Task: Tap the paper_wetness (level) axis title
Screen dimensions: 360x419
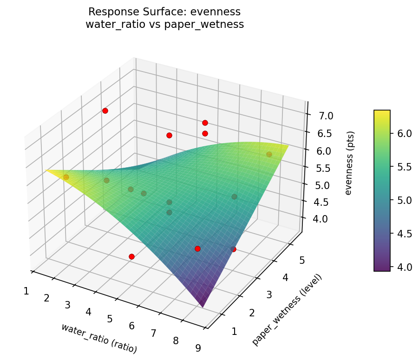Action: (287, 310)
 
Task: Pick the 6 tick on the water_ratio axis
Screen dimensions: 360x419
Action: (131, 326)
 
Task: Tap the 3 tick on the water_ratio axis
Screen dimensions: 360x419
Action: (67, 305)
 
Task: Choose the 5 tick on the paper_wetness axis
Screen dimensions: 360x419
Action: (302, 261)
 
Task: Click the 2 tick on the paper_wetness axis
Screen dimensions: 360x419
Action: (252, 313)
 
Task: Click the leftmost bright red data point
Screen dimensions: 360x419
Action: (105, 111)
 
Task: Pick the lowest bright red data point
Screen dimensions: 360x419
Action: (131, 256)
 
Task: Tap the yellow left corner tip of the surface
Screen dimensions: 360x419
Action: (48, 170)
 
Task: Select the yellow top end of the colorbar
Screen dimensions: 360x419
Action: (382, 112)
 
